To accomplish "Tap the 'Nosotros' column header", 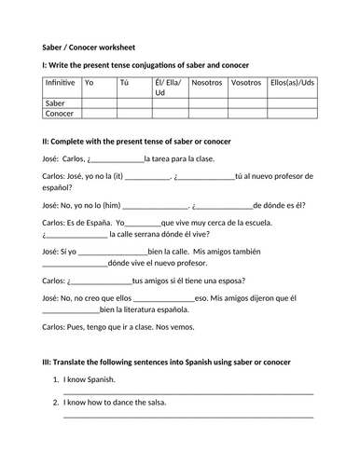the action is coord(206,83).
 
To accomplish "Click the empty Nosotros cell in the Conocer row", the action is coord(206,114).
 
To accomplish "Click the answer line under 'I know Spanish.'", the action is coord(187,392).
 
